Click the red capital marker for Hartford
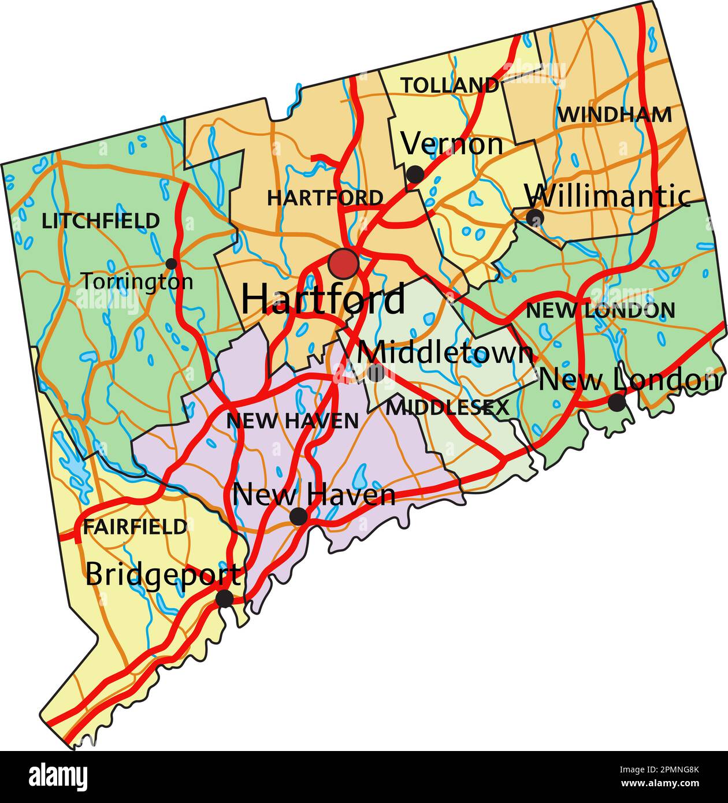pos(343,263)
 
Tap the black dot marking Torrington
pos(171,264)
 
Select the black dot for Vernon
pos(415,173)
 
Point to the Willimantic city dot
pos(535,218)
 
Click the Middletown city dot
pos(376,373)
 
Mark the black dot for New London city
pos(617,402)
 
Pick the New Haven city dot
pos(298,516)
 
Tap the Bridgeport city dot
pos(224,598)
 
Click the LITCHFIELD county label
pos(101,221)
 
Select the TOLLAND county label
pos(450,85)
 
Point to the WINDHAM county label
pos(614,115)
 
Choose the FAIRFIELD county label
pos(135,527)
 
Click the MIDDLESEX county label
pos(447,408)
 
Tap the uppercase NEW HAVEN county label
pos(292,421)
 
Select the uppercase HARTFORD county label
pos(325,198)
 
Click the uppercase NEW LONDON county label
pos(600,311)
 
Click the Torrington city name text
pos(136,282)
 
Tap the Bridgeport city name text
pos(163,575)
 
